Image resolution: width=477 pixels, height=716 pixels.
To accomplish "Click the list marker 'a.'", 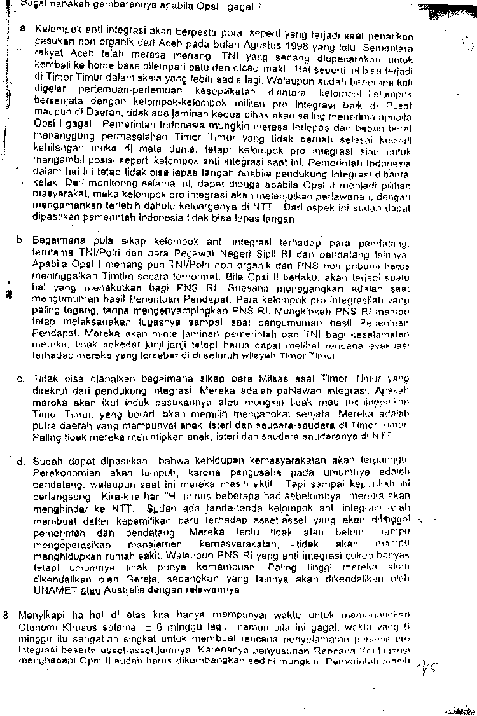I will click(x=22, y=29).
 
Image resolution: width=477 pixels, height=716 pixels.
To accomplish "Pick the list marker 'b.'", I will click(x=22, y=240).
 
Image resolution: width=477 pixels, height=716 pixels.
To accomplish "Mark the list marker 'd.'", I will click(x=22, y=461).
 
